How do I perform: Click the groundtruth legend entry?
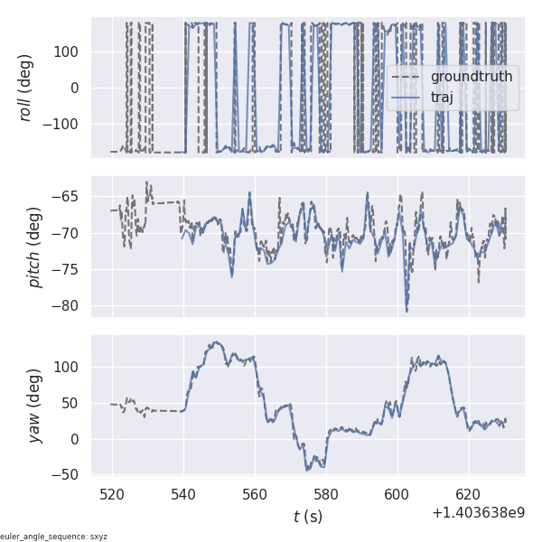[x=471, y=77]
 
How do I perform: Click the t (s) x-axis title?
[x=307, y=517]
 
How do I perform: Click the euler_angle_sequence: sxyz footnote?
[x=54, y=537]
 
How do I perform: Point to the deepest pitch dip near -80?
[x=406, y=310]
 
